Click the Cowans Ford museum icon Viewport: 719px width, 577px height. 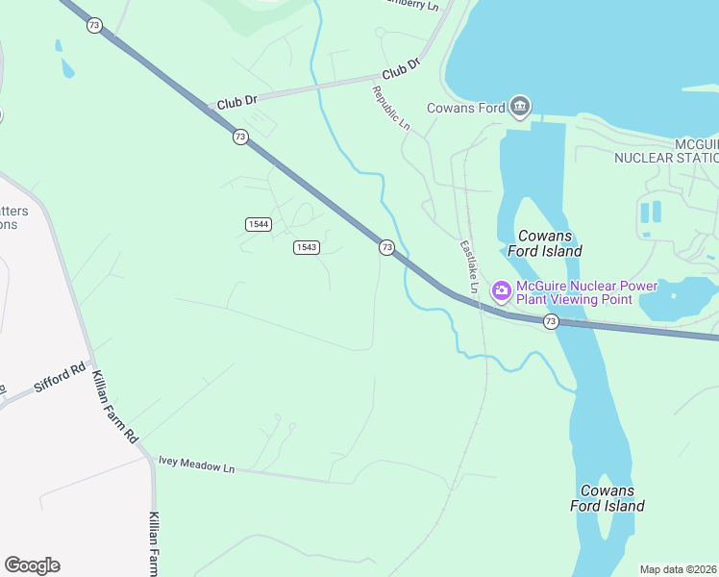click(520, 107)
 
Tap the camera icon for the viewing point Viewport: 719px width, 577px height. click(501, 290)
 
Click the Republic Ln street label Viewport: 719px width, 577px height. click(391, 109)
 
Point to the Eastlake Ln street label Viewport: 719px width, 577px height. click(469, 266)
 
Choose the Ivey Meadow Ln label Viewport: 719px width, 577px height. click(196, 466)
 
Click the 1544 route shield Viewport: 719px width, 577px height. click(258, 224)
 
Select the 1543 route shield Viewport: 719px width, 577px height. click(307, 247)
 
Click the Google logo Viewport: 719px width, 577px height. click(32, 565)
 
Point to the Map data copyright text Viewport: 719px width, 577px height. click(679, 569)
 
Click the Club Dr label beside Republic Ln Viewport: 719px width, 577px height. click(401, 69)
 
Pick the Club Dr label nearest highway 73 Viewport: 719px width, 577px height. click(237, 102)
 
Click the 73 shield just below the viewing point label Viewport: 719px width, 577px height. click(550, 320)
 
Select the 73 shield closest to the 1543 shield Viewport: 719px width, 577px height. click(386, 247)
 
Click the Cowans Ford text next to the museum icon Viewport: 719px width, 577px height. click(465, 108)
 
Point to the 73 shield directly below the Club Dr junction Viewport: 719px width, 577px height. click(239, 137)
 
